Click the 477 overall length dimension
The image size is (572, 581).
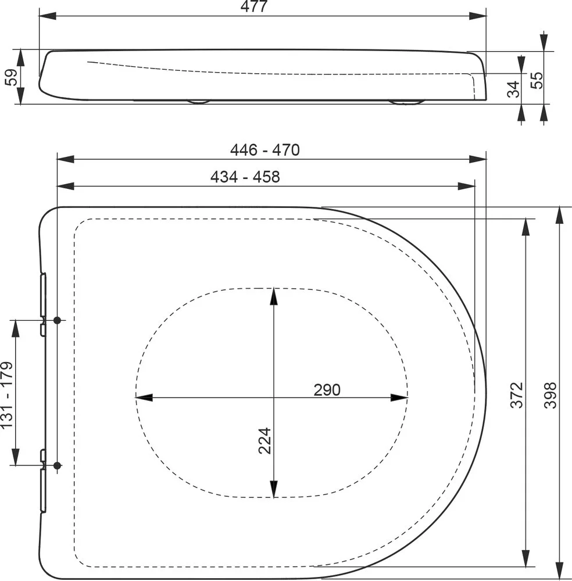point(254,6)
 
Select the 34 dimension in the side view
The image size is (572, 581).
point(513,89)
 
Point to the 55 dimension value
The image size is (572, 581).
point(536,80)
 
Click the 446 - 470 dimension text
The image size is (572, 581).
point(264,150)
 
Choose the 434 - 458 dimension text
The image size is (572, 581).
point(245,177)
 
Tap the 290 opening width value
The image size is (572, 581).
point(327,390)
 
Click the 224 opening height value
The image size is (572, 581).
point(265,441)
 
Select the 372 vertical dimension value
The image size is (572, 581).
point(517,395)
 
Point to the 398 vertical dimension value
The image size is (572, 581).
point(550,395)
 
